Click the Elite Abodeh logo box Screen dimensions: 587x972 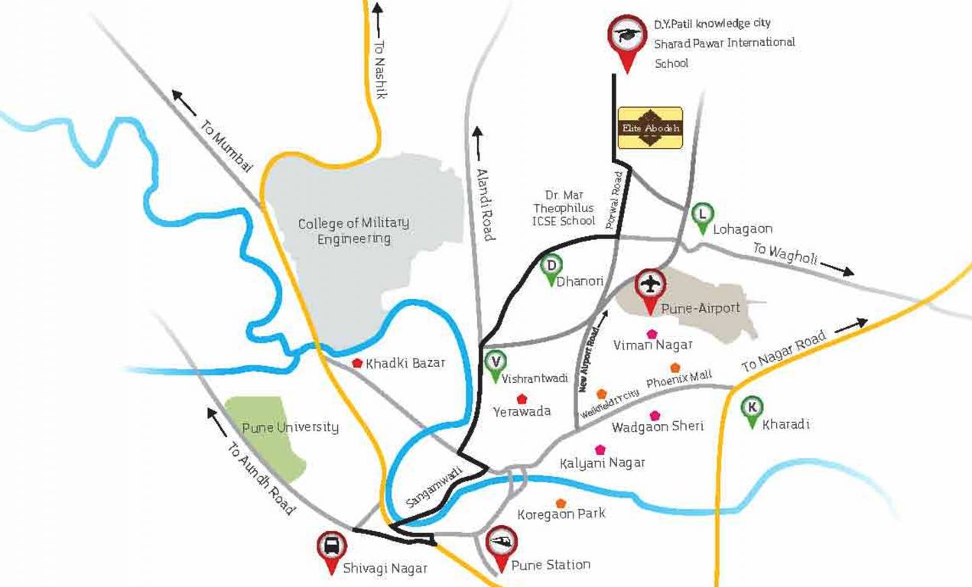click(650, 127)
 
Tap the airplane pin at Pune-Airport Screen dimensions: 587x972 click(650, 286)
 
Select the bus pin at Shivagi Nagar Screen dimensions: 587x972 click(331, 547)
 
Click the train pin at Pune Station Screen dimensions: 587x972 click(502, 543)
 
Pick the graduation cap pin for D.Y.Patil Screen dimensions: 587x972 click(626, 37)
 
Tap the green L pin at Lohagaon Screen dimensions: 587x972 click(702, 216)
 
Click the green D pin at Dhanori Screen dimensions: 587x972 click(551, 267)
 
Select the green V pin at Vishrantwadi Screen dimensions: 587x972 click(496, 362)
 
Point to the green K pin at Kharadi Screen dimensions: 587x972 click(753, 407)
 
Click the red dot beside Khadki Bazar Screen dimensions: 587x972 click(357, 363)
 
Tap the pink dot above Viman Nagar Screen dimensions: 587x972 click(652, 333)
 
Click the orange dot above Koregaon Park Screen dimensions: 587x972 click(561, 503)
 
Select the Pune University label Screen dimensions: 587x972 click(290, 426)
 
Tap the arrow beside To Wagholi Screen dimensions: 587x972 click(838, 270)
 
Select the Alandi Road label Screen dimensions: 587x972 click(485, 204)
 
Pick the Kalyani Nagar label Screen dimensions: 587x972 click(602, 463)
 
